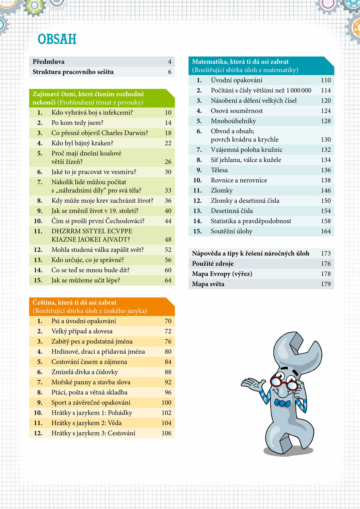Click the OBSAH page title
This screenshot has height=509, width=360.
coord(57,39)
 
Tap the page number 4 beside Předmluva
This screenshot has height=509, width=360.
coord(169,62)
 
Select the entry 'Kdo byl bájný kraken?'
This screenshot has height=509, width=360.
coord(82,143)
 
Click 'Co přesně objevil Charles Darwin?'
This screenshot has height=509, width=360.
coord(99,133)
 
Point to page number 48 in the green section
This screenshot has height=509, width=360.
coord(168,240)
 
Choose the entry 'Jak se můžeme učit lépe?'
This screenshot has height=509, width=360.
coord(85,280)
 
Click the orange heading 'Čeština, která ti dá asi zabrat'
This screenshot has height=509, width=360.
coord(74,303)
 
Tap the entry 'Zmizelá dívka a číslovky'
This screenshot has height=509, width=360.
coord(84,372)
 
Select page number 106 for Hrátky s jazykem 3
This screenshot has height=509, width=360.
coord(166,433)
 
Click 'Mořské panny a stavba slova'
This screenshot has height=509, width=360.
coord(91,382)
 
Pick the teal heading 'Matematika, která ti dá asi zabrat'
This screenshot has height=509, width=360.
coord(240,62)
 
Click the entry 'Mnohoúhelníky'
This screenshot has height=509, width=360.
coord(233,121)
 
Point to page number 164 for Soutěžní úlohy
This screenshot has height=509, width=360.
coord(326,231)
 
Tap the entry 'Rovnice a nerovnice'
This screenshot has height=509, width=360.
coord(239,180)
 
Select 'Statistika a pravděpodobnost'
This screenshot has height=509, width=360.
coord(251,221)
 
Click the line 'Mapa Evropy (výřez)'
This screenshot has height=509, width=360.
coord(222,274)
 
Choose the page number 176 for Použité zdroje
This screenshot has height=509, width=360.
coord(326,264)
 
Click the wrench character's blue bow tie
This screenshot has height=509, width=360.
coord(282,403)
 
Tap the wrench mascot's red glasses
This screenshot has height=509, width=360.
coord(284,383)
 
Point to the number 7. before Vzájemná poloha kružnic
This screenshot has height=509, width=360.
coord(199,149)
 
